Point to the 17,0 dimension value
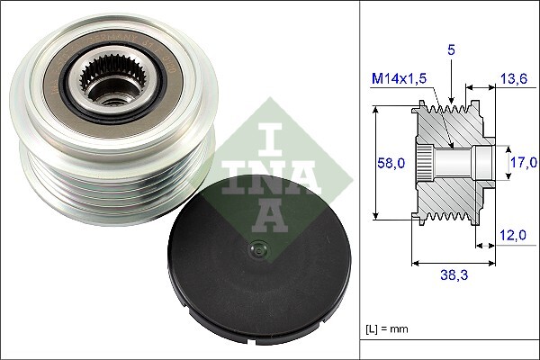pyautogui.click(x=523, y=163)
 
